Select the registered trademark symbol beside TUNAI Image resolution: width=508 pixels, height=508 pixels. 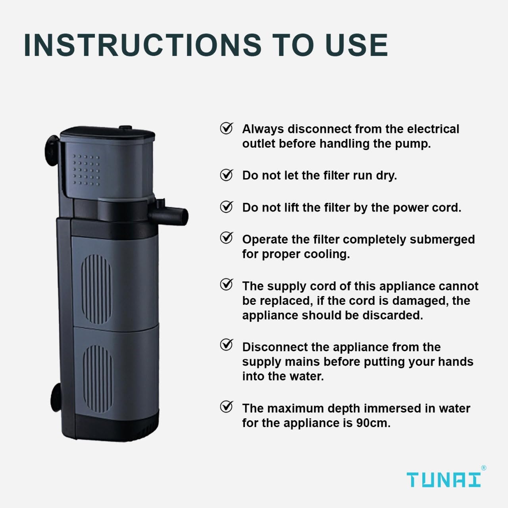point(483,468)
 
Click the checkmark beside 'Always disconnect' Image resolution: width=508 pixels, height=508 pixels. point(227,129)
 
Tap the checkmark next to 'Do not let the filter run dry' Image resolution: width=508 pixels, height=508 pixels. point(227,175)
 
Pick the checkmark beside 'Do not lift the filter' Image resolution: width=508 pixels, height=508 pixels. point(227,207)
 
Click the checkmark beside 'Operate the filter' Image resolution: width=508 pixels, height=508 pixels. point(227,238)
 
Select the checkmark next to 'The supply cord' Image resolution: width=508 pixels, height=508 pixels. point(227,285)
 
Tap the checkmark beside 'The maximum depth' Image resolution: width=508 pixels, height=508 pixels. point(227,407)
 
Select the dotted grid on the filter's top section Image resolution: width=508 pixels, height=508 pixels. point(86,170)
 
